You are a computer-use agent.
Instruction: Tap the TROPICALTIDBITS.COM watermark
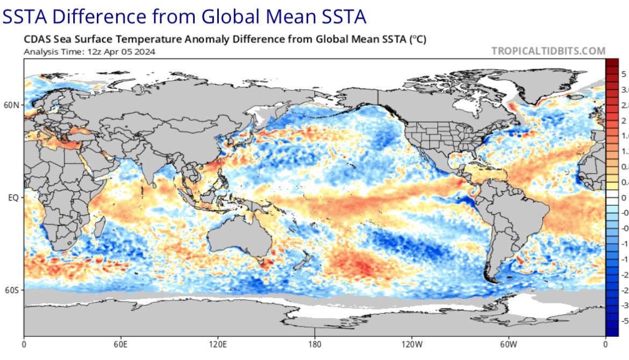click(x=548, y=51)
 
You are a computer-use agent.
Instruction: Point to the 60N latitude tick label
click(x=12, y=105)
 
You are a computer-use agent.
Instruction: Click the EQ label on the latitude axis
click(x=14, y=198)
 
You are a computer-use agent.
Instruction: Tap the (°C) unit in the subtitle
click(x=417, y=39)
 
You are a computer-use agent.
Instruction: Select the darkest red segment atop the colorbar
click(x=612, y=63)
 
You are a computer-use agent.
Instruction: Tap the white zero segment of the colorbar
click(x=612, y=198)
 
